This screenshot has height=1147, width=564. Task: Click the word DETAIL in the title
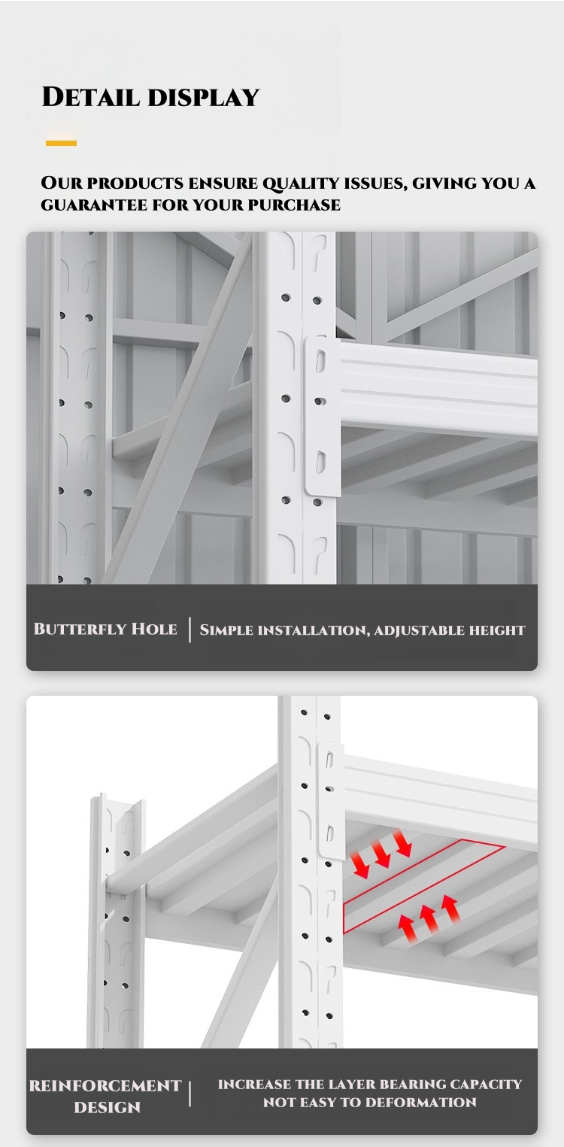tap(91, 97)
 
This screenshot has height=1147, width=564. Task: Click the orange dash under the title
tap(61, 143)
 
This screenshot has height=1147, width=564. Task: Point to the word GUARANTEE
tap(94, 205)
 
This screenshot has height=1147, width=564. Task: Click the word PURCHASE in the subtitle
tap(294, 205)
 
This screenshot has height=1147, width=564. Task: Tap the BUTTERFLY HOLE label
tap(105, 629)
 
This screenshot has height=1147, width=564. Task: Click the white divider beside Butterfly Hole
tap(190, 630)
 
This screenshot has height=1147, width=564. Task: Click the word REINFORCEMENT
tap(105, 1085)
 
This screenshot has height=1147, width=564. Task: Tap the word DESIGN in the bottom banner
tap(107, 1107)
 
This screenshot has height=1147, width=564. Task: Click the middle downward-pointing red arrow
tap(381, 854)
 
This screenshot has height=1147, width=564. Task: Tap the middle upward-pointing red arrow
tap(429, 918)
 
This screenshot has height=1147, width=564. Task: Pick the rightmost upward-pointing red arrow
tap(450, 909)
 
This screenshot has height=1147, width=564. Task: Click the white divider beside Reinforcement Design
tap(190, 1094)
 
